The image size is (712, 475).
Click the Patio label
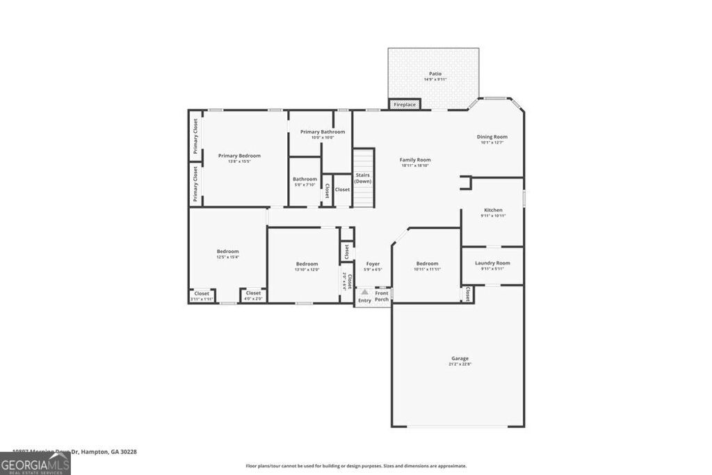435,74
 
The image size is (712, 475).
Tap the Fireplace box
404,104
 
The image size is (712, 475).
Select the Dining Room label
492,137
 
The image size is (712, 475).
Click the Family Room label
415,160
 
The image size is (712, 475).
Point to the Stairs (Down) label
362,178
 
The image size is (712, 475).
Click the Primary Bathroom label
322,131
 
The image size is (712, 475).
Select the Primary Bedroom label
239,156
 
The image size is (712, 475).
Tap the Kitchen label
493,210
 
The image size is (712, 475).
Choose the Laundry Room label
492,263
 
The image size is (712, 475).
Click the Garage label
460,358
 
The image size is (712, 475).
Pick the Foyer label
373,264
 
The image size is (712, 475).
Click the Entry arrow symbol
364,293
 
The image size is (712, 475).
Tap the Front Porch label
382,296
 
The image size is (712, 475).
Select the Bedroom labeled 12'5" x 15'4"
227,251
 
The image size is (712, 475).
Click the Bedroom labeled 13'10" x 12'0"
307,264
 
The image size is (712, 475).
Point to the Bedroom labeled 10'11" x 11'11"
427,264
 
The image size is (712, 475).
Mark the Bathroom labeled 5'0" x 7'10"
305,179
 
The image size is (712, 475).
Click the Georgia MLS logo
35,463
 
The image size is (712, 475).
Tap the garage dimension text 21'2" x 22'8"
460,364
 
